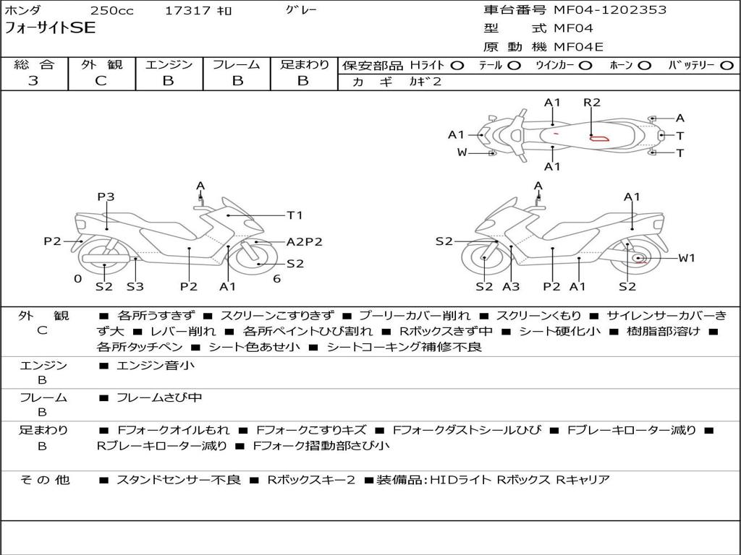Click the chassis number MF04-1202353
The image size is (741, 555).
610,10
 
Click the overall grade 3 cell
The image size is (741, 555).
33,81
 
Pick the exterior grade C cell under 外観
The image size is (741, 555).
101,81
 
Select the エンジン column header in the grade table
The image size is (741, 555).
168,64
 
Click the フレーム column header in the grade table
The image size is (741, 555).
237,64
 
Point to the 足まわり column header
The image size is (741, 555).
304,64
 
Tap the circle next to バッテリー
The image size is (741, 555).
727,65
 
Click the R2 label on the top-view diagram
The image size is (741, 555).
592,103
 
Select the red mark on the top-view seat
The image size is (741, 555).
598,137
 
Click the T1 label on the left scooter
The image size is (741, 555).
295,215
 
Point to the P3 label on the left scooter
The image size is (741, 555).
106,197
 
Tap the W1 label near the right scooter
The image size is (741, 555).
686,258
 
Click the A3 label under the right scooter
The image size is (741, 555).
512,287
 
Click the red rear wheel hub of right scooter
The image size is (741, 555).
638,259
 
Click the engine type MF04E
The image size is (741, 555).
578,47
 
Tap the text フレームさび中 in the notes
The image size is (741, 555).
159,397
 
